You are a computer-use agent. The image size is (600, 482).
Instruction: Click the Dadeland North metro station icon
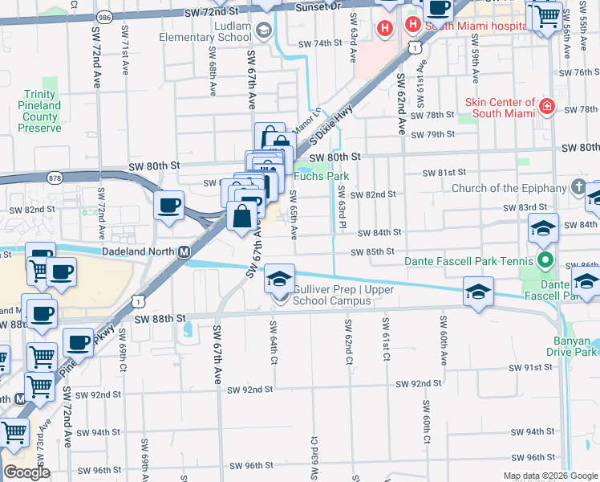(x=184, y=251)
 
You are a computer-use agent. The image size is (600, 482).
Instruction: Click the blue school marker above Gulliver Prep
(x=278, y=279)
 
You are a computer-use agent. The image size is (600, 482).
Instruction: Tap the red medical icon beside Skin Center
(x=547, y=106)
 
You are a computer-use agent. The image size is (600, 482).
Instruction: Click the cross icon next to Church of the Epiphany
(x=578, y=188)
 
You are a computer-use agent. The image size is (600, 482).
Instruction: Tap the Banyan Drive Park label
(x=571, y=345)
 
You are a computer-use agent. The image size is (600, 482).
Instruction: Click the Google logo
(x=26, y=472)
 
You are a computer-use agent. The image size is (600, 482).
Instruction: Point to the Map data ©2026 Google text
(x=549, y=476)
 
